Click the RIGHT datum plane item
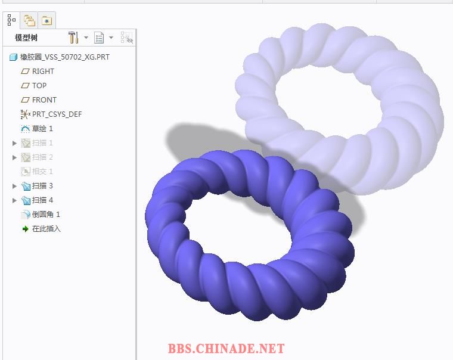point(43,72)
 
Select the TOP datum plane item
point(39,85)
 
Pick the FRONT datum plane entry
point(44,100)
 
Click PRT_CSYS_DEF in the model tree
point(57,114)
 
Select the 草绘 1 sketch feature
point(42,129)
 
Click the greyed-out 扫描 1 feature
point(42,142)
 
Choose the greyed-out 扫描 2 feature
point(42,157)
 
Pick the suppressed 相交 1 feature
point(42,171)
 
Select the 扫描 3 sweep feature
point(42,186)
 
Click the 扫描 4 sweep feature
point(42,200)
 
